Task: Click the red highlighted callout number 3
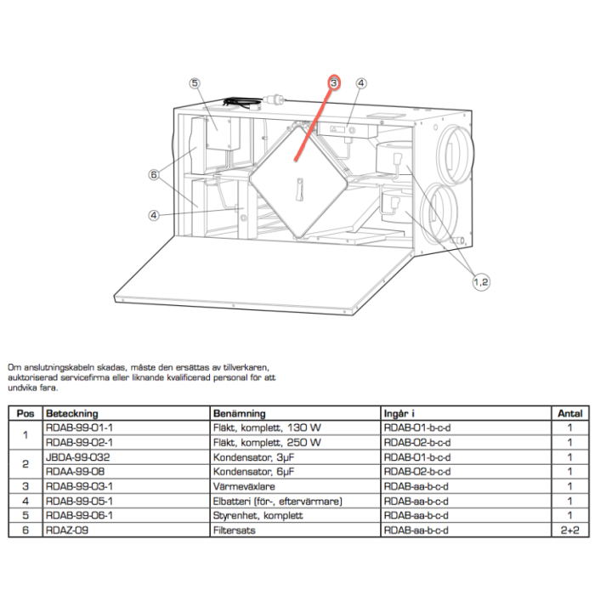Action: [x=334, y=82]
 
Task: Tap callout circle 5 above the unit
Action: [x=195, y=83]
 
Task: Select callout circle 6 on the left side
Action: [x=154, y=174]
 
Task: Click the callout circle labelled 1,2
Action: [x=481, y=282]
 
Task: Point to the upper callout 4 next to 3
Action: [x=361, y=83]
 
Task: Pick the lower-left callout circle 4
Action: [x=154, y=215]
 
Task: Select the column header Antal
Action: [x=569, y=413]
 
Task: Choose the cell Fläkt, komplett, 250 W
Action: [x=267, y=442]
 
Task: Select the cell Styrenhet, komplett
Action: [x=256, y=516]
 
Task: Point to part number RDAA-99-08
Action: [x=73, y=470]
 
